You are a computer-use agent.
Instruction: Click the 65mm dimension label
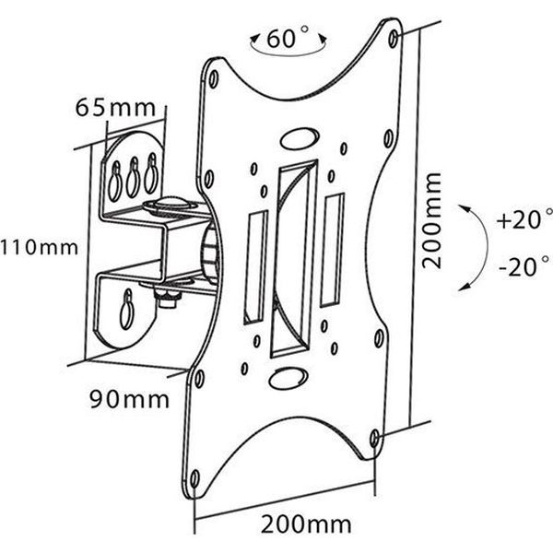pyautogui.click(x=115, y=108)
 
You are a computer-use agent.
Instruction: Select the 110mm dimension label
pyautogui.click(x=39, y=247)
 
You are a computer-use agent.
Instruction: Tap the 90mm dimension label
pyautogui.click(x=129, y=399)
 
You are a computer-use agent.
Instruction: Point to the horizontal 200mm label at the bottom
pyautogui.click(x=306, y=524)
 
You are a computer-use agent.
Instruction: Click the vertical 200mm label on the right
pyautogui.click(x=432, y=221)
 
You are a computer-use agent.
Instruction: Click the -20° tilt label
pyautogui.click(x=525, y=266)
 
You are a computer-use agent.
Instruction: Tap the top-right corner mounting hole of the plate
pyautogui.click(x=394, y=38)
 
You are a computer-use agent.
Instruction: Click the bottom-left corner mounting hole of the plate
pyautogui.click(x=194, y=479)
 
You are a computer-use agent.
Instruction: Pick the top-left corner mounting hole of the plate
pyautogui.click(x=214, y=79)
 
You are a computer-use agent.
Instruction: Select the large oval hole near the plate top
pyautogui.click(x=300, y=138)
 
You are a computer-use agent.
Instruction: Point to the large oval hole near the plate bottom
pyautogui.click(x=288, y=378)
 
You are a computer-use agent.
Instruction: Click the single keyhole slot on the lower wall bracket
pyautogui.click(x=127, y=310)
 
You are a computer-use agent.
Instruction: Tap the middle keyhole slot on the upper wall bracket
pyautogui.click(x=134, y=177)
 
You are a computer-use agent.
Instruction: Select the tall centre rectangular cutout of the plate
pyautogui.click(x=294, y=259)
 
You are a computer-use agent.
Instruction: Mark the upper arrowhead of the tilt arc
pyautogui.click(x=463, y=207)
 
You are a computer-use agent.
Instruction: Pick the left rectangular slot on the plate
pyautogui.click(x=256, y=267)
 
